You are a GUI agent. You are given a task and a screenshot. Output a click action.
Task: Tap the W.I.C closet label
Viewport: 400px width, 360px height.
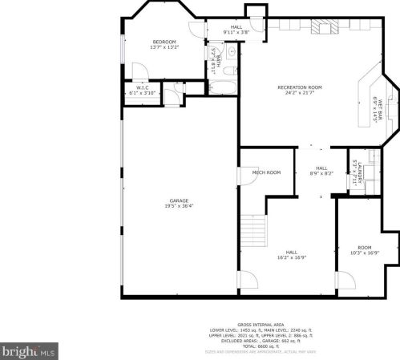pos(141,88)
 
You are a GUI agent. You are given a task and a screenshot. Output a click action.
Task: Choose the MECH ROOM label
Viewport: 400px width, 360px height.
pos(266,172)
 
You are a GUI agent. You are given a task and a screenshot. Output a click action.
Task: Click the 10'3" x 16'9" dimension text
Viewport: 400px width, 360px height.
pos(365,253)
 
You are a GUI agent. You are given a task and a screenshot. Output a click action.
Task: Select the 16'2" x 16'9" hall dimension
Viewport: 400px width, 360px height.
pos(293,257)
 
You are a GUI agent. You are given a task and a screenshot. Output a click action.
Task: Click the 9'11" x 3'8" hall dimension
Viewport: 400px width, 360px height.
pos(236,32)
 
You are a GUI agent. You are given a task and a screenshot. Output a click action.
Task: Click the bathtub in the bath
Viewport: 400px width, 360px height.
pos(221,88)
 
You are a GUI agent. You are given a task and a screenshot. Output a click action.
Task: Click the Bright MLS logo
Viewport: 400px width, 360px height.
pos(29,351)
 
